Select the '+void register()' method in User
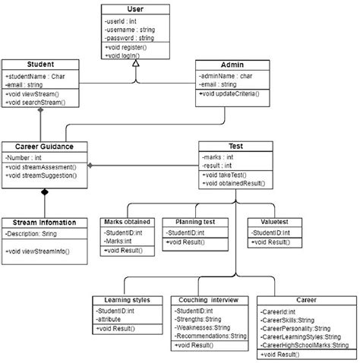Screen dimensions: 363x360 [x=126, y=47]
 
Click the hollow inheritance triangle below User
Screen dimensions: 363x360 [x=134, y=65]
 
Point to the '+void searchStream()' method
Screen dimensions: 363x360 [x=35, y=101]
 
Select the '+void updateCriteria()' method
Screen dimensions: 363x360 [x=230, y=94]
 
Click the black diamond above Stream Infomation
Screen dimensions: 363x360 [x=44, y=193]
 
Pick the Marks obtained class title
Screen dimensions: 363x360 [x=127, y=222]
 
